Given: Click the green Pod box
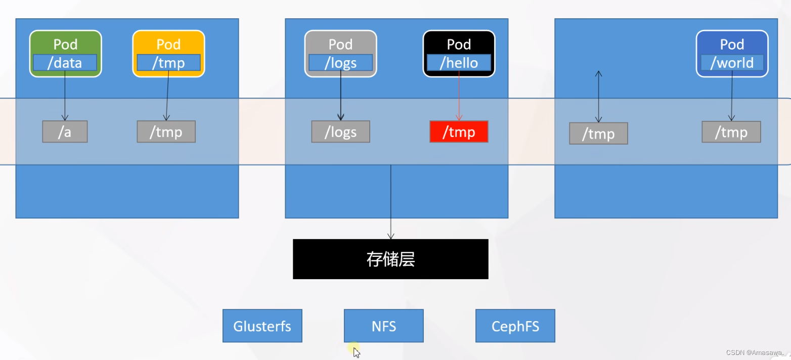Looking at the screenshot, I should (65, 44).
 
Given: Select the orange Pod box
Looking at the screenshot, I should (168, 44).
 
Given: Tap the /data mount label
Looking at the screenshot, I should (65, 63).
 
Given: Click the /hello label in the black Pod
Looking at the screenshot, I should (459, 63).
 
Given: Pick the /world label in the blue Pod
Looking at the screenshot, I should (732, 63).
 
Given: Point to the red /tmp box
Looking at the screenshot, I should (459, 132).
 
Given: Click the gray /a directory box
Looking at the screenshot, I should (65, 132).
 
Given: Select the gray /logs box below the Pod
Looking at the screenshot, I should (340, 132).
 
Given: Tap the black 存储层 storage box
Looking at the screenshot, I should (390, 259).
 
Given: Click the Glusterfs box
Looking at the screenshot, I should (262, 326).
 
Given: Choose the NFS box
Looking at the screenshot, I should (383, 326).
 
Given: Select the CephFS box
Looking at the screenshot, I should (515, 326).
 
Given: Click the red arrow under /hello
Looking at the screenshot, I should (459, 96).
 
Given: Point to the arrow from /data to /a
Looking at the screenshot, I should (65, 96).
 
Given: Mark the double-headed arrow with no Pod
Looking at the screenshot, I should (598, 97).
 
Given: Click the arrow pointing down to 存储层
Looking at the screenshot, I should (390, 202).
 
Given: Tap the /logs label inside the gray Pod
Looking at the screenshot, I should (340, 63).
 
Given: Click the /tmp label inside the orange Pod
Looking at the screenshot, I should (168, 63).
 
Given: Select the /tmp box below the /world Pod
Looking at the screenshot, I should (731, 132).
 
